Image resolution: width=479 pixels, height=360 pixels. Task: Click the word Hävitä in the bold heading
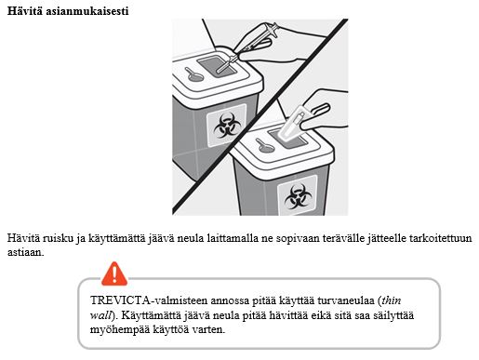coord(25,11)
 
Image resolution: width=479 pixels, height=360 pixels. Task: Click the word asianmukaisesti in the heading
coord(87,11)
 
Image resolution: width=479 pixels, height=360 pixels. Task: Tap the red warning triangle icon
coord(114,273)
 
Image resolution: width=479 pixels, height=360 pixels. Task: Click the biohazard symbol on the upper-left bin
coord(227,127)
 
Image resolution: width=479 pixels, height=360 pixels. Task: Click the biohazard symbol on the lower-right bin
coord(298,197)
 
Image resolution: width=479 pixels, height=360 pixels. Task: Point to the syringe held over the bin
coord(248,47)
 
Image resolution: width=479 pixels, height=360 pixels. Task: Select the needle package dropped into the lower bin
coord(292,125)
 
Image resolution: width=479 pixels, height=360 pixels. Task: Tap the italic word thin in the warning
coord(392,300)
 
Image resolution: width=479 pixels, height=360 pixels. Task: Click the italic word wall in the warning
coord(100,315)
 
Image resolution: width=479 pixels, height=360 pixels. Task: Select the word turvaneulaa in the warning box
coord(344,300)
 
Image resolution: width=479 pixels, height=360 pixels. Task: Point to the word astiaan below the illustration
coord(26,252)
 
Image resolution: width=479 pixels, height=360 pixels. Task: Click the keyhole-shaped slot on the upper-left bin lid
coord(193,74)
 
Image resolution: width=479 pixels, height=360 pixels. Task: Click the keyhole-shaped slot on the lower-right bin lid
coord(265,146)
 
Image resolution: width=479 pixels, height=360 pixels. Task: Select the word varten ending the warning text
coord(208,329)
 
